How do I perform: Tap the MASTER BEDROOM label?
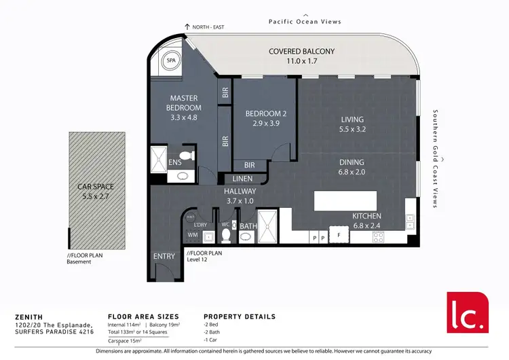[x=185, y=103]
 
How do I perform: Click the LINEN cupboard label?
[x=242, y=178]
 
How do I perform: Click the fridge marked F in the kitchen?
[x=339, y=236]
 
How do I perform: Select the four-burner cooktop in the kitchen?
[x=379, y=236]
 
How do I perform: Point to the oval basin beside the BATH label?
[x=245, y=237]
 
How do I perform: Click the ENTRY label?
[x=165, y=256]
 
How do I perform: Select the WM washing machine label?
[x=192, y=236]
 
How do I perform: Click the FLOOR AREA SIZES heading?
[x=143, y=317]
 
